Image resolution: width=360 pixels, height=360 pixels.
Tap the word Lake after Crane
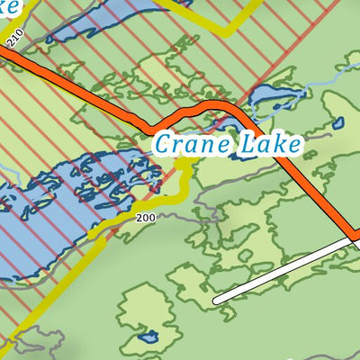270,142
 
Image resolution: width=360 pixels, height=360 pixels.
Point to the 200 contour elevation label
145,219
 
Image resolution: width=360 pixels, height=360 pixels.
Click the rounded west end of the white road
217,299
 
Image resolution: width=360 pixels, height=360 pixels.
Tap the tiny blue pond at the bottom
148,338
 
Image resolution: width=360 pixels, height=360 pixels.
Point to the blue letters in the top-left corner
9,7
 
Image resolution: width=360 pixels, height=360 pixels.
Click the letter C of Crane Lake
164,142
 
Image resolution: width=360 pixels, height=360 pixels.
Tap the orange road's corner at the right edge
355,239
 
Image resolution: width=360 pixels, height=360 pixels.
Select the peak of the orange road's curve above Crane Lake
211,107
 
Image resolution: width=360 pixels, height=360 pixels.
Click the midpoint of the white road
285,270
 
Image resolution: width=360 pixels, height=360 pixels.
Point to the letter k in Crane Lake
283,142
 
